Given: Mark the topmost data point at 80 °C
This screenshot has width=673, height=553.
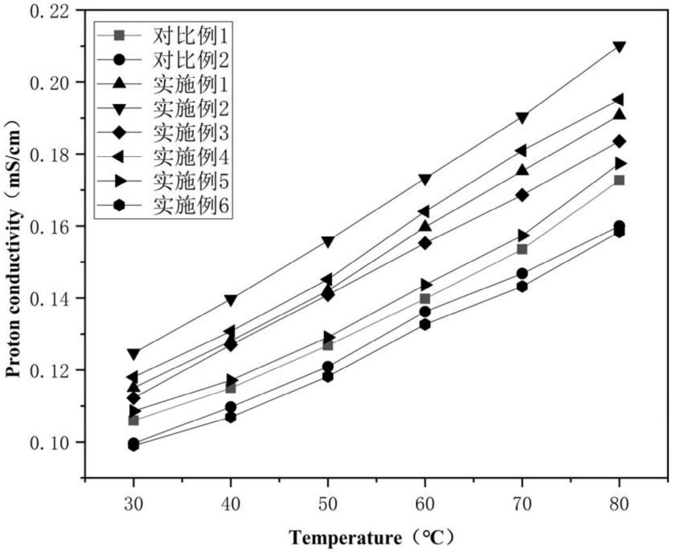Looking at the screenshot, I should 619,47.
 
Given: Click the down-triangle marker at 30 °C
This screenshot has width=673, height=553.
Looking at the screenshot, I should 133,354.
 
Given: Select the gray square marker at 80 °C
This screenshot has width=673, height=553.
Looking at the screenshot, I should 619,180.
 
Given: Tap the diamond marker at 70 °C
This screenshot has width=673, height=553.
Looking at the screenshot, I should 522,195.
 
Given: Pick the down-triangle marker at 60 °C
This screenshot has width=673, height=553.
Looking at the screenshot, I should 425,180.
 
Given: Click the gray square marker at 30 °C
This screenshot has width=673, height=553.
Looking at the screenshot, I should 133,420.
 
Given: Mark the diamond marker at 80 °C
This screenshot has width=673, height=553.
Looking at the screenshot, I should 619,141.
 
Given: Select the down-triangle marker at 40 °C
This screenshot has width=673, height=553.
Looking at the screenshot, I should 230,300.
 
